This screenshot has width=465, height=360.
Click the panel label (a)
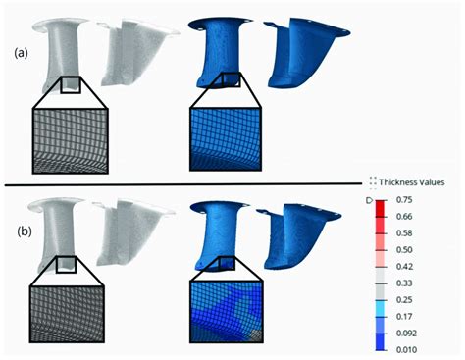(21, 52)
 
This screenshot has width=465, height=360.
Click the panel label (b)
(25, 231)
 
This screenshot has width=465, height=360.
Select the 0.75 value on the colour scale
(404, 200)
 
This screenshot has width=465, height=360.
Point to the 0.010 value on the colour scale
(406, 350)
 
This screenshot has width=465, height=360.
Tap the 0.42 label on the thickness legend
(404, 267)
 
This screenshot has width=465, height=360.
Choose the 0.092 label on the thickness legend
(406, 334)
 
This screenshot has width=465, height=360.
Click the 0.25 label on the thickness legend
(404, 300)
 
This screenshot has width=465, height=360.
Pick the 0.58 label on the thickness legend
(404, 233)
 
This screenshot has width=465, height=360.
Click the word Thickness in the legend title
(394, 182)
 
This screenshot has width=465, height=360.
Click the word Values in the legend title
(429, 182)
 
